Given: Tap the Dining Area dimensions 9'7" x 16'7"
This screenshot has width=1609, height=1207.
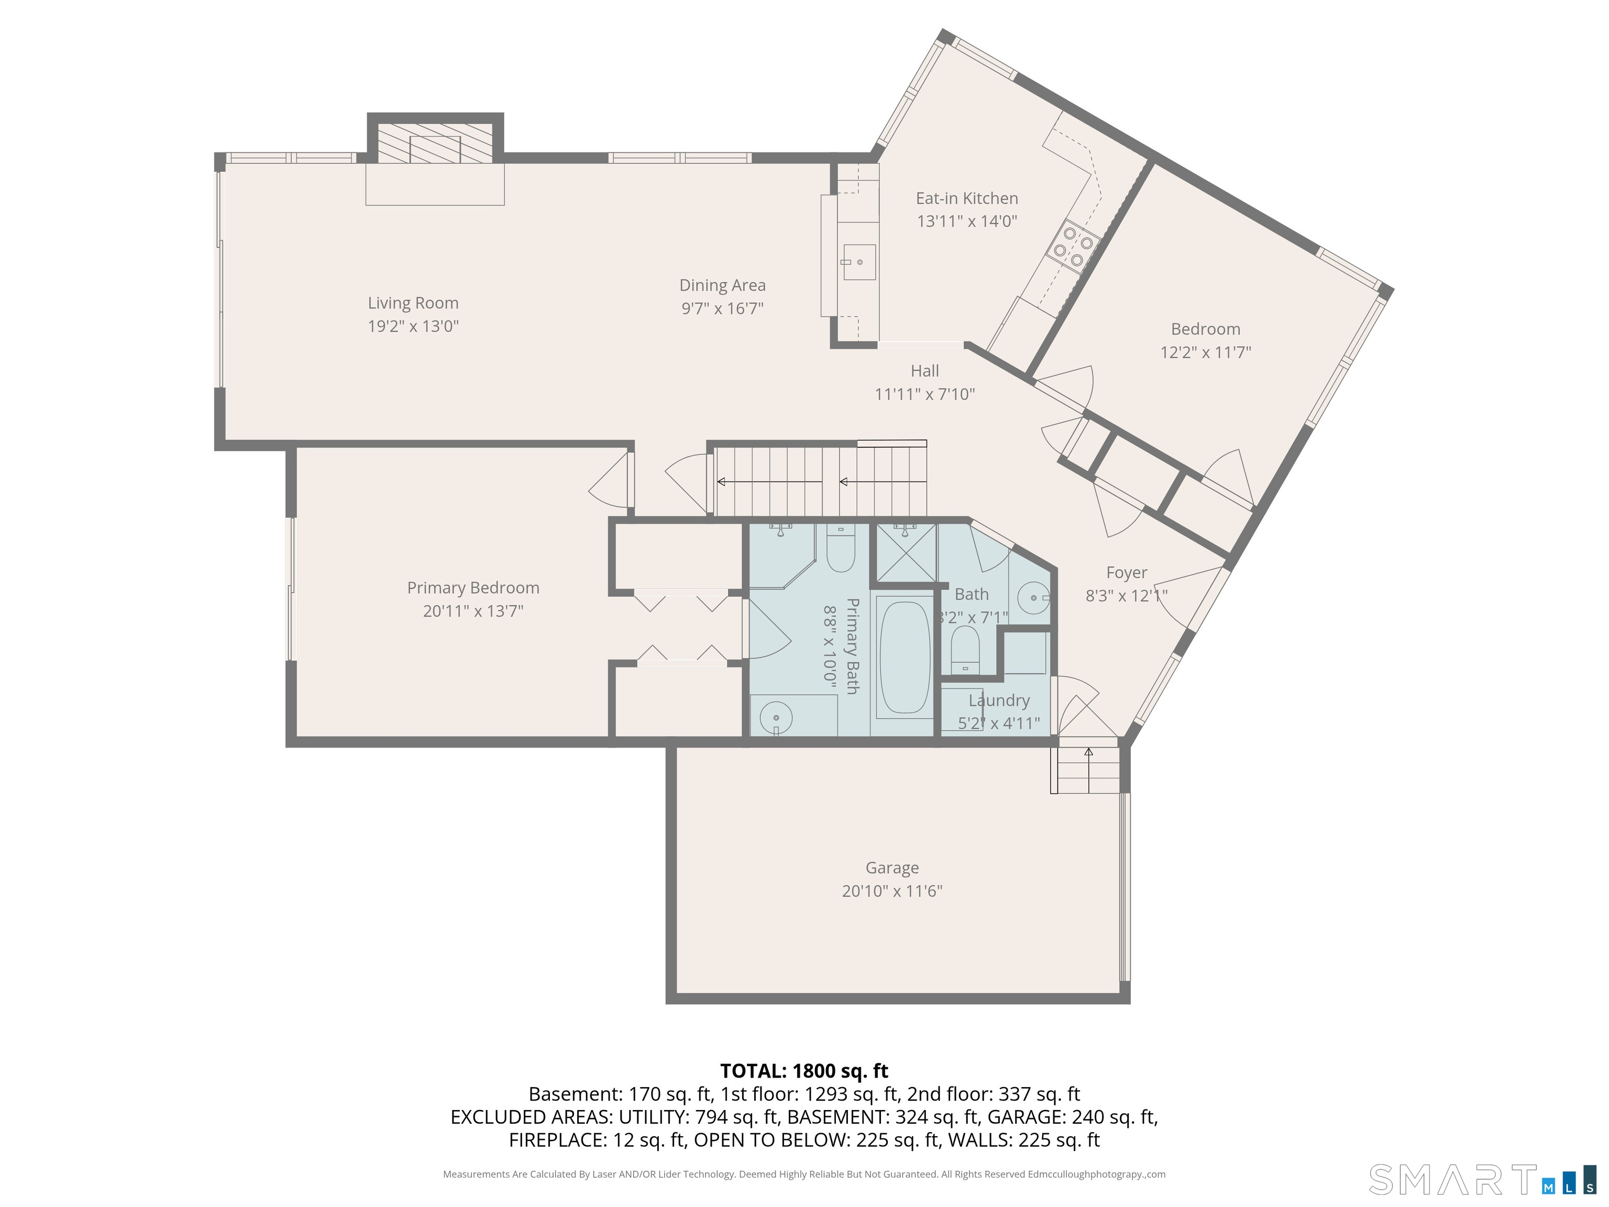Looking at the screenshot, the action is click(722, 309).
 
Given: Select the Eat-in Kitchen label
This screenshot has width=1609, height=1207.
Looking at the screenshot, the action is click(967, 198).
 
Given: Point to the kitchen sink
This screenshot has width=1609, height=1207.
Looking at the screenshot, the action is click(858, 262).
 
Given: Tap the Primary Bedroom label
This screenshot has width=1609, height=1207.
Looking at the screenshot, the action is click(473, 588).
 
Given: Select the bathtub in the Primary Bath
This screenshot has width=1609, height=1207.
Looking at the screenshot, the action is click(904, 657).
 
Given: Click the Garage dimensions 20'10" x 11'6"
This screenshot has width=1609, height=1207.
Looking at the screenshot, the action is click(892, 891).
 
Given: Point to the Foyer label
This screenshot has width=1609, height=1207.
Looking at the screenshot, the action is click(1127, 573).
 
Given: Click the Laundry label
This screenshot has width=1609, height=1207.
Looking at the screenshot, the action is click(999, 700).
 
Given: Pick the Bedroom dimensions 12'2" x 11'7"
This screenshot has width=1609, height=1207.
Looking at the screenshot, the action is click(1205, 352).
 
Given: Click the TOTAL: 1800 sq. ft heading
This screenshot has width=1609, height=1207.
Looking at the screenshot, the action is click(804, 1071).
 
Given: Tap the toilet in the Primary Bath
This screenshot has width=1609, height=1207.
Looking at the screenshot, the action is click(840, 551).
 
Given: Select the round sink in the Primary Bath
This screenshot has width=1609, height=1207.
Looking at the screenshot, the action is click(775, 717).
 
